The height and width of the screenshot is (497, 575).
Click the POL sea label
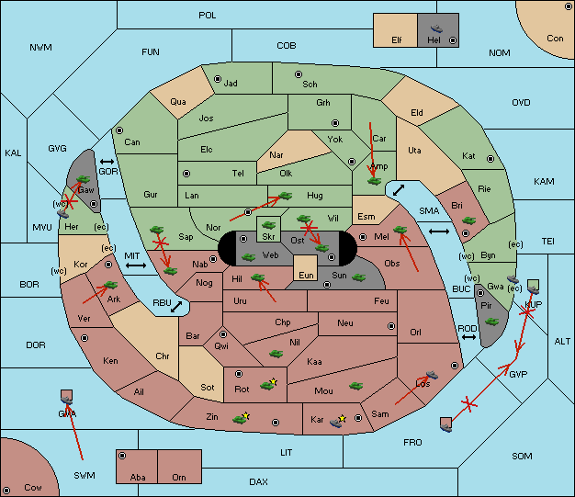point(208,16)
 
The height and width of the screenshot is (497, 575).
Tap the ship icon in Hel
point(436,28)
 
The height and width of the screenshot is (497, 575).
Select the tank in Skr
point(268,224)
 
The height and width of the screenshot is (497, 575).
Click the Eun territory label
point(306,275)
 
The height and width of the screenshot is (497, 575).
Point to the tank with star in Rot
point(268,385)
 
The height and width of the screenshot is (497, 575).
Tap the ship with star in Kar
point(337,422)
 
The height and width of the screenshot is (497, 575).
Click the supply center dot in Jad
point(218,79)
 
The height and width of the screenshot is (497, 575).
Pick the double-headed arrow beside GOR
point(107,162)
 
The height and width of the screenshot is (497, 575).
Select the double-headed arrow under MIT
point(136,265)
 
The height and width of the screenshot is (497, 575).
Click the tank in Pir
point(491,322)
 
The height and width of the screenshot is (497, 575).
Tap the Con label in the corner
point(555,39)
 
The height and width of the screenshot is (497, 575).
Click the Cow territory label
point(33,488)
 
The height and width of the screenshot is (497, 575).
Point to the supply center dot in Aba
point(122,456)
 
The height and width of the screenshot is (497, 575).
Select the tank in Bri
point(468,220)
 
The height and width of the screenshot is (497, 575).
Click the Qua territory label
point(178,102)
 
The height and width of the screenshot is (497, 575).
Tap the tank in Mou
point(355,386)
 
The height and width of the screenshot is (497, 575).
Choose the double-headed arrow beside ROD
point(468,337)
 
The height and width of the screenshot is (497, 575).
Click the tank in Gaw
point(83,179)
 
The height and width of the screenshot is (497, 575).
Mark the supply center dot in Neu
point(391,326)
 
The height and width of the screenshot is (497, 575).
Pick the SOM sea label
point(522,457)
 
